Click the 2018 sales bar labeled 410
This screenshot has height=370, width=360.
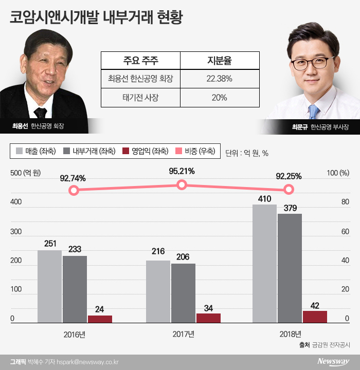265,264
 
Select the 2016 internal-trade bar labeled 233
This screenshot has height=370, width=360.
75,289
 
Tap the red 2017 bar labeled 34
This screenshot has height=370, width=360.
208,318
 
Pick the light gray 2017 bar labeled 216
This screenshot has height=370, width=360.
158,291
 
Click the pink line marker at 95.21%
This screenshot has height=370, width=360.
181,185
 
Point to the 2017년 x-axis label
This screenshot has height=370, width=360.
183,335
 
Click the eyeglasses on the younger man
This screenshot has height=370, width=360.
311,63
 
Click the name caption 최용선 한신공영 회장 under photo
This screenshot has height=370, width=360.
41,125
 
